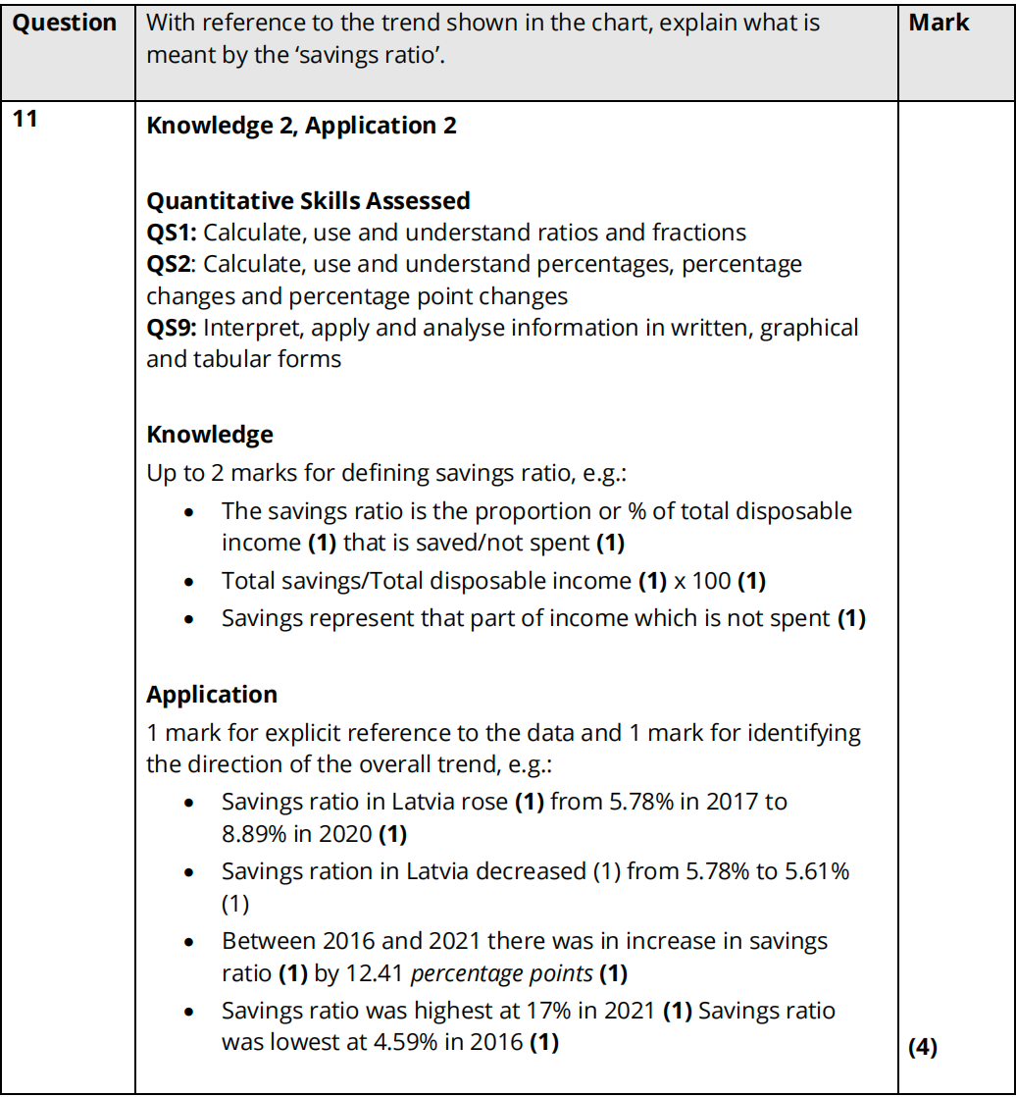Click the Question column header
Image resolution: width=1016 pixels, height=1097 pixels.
[x=65, y=23]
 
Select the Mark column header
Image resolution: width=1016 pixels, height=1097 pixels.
[x=939, y=23]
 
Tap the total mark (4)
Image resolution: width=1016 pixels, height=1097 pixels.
[x=923, y=1048]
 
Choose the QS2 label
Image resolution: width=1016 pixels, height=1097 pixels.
[x=169, y=264]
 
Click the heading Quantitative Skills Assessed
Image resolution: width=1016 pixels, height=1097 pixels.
[x=308, y=201]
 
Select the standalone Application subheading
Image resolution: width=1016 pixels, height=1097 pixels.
[x=212, y=694]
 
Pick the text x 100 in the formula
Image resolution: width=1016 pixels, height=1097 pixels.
[x=702, y=581]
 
